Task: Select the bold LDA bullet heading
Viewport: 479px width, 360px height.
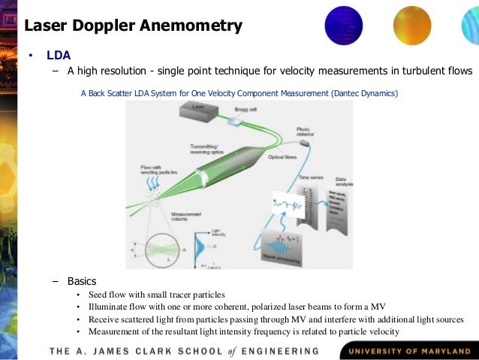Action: [59, 56]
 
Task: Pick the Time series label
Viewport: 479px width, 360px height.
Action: [311, 175]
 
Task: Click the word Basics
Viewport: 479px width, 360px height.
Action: [82, 281]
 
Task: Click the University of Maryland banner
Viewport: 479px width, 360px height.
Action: [407, 350]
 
